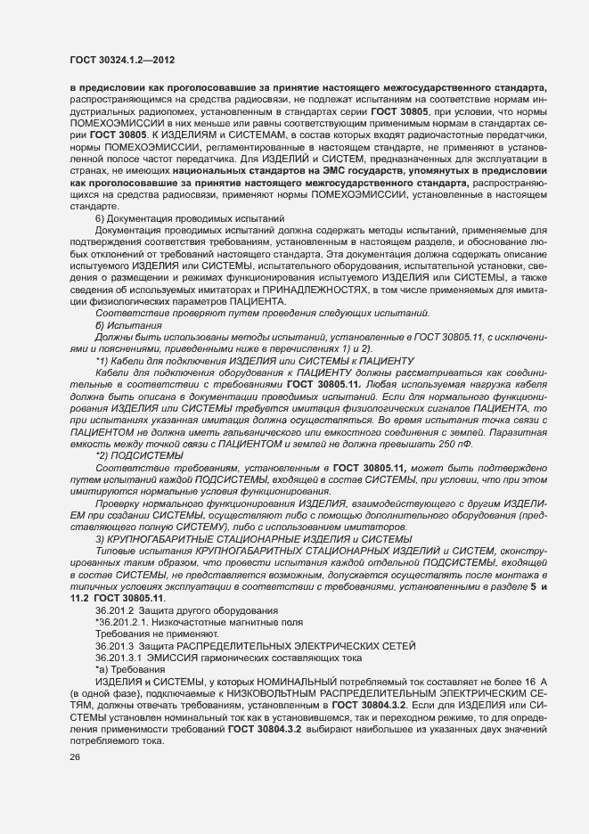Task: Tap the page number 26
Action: click(x=74, y=757)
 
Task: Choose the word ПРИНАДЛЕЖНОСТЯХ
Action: click(x=280, y=290)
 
